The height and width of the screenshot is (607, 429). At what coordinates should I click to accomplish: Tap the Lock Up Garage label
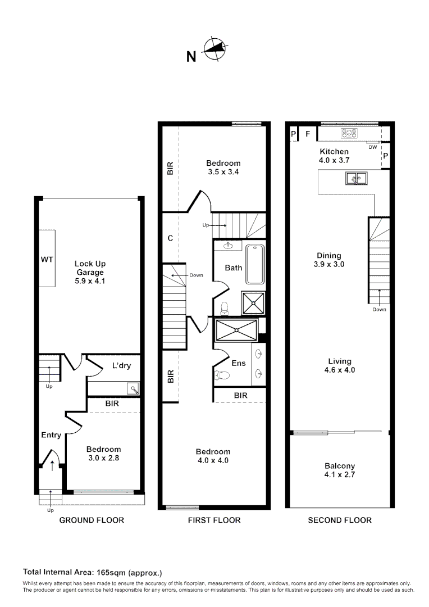(x=90, y=272)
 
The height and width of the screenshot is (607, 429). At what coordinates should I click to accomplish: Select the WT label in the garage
(x=47, y=260)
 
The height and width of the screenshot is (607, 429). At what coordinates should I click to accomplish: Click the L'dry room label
(x=121, y=366)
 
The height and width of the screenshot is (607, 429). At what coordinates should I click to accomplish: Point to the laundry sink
(x=133, y=388)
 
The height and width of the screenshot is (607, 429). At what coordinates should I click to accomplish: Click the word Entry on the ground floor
(x=51, y=434)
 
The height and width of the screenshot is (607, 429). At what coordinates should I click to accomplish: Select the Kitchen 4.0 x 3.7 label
(x=334, y=156)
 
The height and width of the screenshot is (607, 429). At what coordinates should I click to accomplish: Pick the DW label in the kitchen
(x=373, y=147)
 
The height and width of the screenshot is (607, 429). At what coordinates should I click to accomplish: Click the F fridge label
(x=307, y=134)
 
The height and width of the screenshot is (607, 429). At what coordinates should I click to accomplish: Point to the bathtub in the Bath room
(x=255, y=264)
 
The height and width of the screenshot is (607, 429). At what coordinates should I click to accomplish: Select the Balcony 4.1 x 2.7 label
(x=340, y=470)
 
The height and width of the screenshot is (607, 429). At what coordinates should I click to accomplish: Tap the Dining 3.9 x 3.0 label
(x=328, y=260)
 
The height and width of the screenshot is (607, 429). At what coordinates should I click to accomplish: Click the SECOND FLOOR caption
(x=340, y=520)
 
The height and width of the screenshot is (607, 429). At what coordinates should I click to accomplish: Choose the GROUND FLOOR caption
(x=92, y=520)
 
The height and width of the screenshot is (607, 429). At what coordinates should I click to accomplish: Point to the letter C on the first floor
(x=170, y=238)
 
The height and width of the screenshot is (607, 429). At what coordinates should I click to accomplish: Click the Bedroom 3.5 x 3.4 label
(x=223, y=167)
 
